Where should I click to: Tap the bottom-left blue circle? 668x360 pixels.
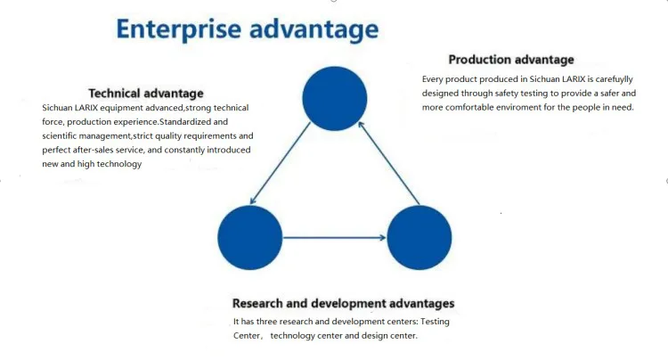point(250,237)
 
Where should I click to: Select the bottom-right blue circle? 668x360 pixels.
point(420,237)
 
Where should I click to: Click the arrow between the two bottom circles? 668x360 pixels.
point(335,237)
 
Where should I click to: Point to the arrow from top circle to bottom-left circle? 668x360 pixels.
point(281,164)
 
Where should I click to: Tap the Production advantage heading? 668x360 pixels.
point(511,60)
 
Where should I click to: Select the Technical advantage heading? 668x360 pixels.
point(146,93)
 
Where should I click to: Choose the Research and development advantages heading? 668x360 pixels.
point(343,303)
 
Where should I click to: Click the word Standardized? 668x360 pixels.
point(194,121)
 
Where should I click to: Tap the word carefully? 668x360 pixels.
point(614,78)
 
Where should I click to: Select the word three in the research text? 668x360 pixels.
point(268,321)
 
